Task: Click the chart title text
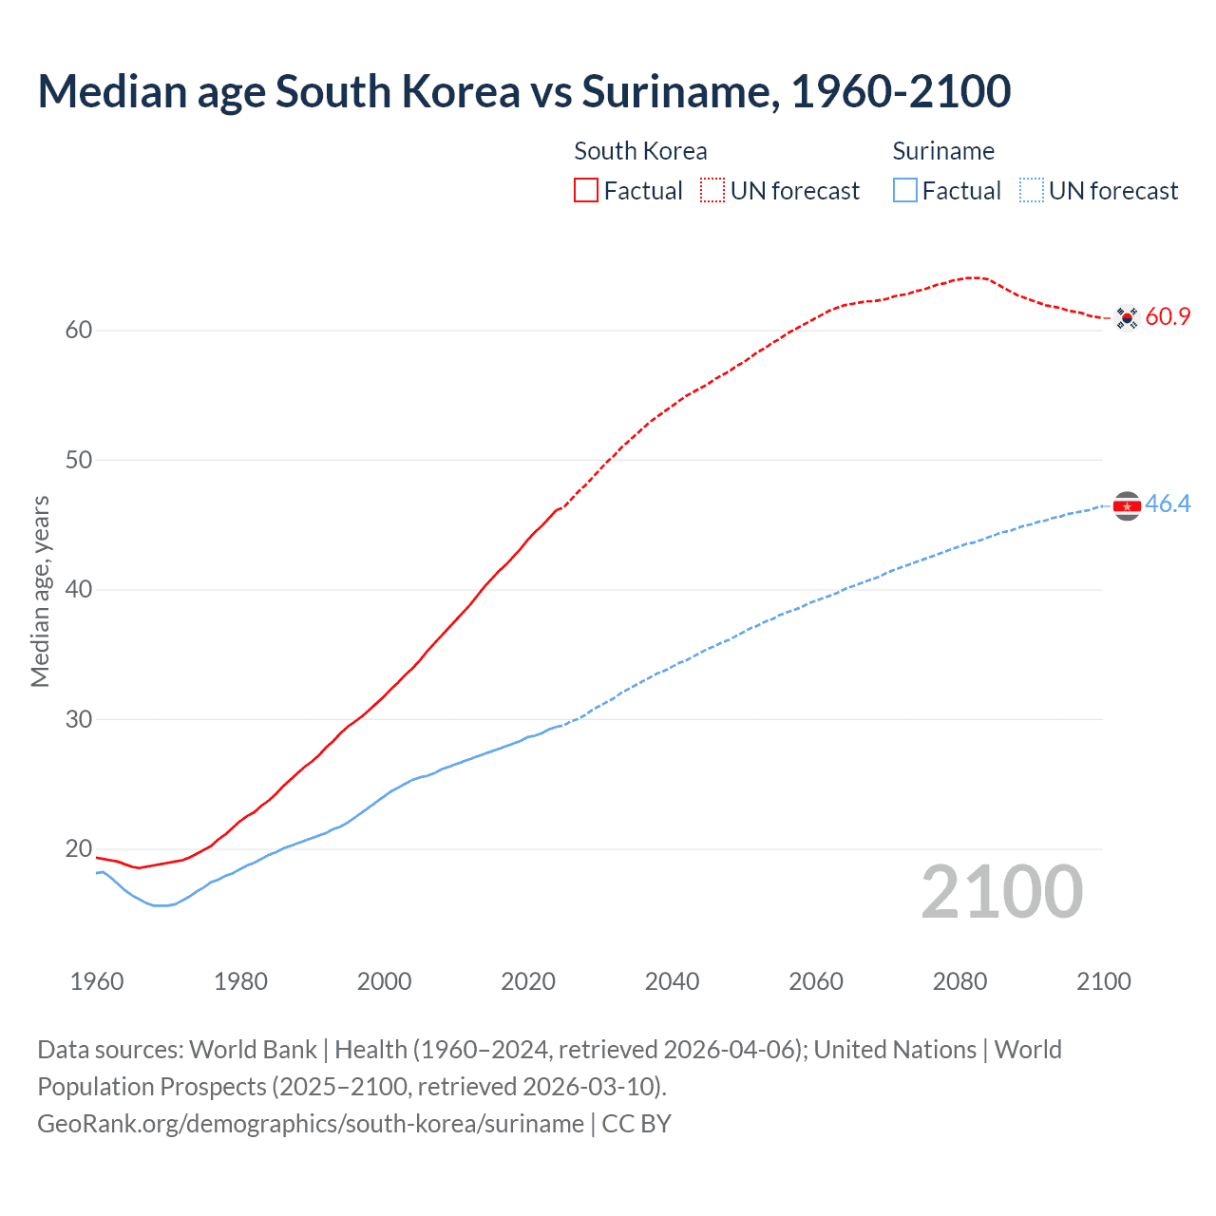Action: click(523, 92)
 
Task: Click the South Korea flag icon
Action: click(1127, 317)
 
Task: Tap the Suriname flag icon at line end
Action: click(1127, 506)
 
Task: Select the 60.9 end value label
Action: click(1168, 316)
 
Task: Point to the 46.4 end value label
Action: click(1168, 503)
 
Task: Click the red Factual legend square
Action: click(586, 191)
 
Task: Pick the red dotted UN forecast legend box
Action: click(712, 191)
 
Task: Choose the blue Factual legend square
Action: click(905, 191)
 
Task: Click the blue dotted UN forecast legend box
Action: click(1032, 191)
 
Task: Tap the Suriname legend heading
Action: click(943, 151)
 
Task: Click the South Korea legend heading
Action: click(640, 151)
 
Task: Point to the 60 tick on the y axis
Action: click(79, 331)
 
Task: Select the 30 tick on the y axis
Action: click(79, 719)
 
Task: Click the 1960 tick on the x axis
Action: click(97, 981)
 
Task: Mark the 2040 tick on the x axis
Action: click(672, 981)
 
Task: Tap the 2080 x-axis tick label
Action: click(959, 981)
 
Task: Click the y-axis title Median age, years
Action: click(40, 591)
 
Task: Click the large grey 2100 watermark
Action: click(1001, 891)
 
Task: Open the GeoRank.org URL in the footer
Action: click(311, 1124)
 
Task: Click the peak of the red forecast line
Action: click(973, 277)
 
